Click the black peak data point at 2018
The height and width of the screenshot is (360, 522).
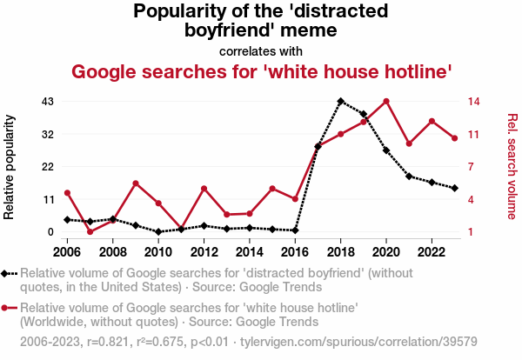click(341, 101)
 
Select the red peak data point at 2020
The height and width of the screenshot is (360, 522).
click(386, 101)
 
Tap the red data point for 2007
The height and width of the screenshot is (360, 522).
click(90, 232)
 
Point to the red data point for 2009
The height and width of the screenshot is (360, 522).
click(136, 183)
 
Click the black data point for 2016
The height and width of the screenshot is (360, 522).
click(296, 230)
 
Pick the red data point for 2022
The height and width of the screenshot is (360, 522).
click(432, 121)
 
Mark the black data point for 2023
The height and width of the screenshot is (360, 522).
click(454, 188)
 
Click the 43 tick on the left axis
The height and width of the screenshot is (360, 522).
click(49, 102)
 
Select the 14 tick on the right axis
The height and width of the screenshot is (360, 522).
click(475, 102)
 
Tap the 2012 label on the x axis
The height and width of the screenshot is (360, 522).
click(204, 252)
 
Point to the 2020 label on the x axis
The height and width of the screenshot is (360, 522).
click(386, 252)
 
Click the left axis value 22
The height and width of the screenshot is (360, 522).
click(49, 167)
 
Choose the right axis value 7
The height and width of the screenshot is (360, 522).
click(472, 167)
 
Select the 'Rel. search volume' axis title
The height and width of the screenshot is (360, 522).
click(512, 166)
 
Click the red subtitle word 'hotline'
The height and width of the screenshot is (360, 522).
click(412, 71)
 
